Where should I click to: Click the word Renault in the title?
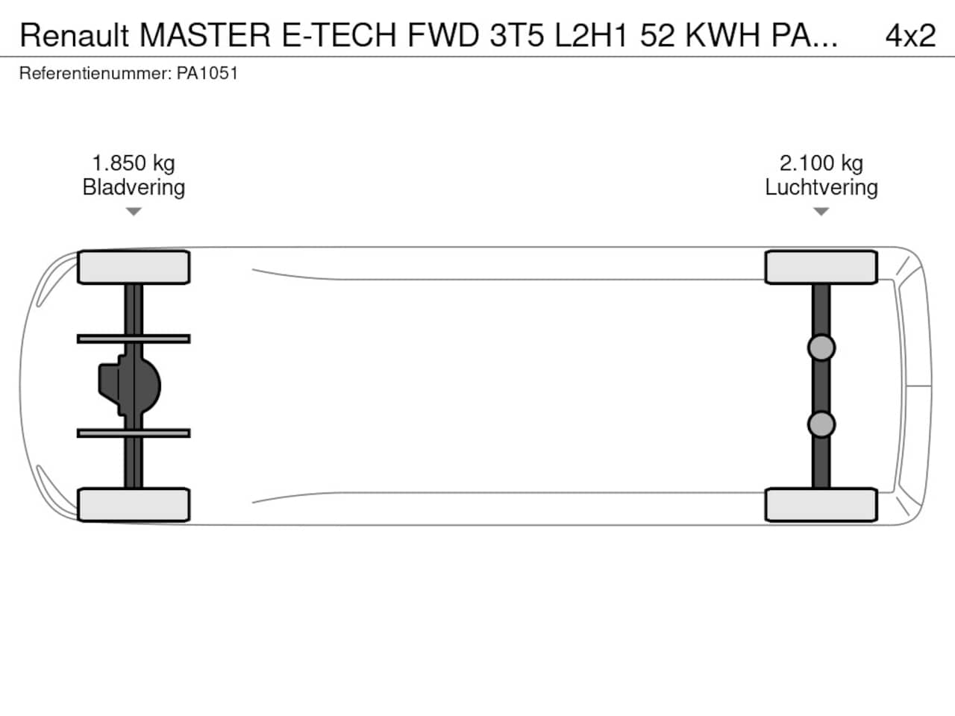74,35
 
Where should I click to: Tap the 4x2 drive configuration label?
910,35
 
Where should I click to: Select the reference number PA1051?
207,73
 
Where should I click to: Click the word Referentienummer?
95,73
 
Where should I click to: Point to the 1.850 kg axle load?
134,163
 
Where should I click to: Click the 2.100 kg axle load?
821,163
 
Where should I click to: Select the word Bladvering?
134,188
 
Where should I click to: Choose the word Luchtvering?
821,188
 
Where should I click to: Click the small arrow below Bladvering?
134,211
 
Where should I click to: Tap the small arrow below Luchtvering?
821,211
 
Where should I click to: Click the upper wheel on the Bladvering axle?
134,267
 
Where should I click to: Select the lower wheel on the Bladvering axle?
134,505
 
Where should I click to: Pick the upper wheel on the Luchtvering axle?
821,267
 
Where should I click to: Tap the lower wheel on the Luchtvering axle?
821,505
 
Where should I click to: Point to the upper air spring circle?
821,348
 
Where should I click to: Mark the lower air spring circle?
821,424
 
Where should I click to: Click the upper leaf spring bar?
134,339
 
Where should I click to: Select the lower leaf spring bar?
134,433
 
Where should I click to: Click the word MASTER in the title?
205,35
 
